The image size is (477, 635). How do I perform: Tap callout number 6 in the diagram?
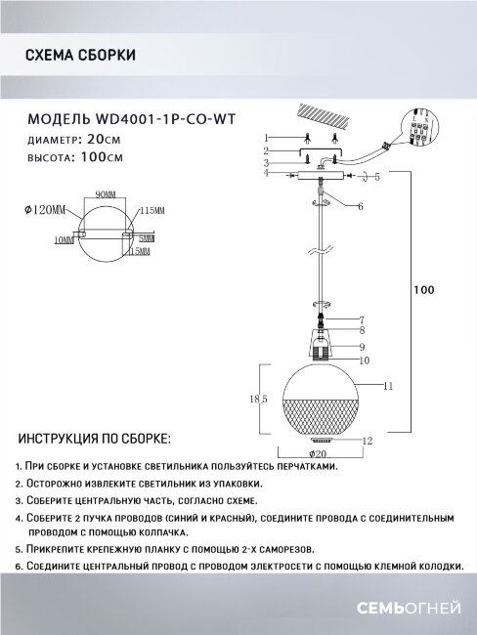point(360,207)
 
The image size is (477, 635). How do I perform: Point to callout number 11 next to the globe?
point(388,387)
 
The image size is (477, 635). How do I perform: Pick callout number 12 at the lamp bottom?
point(368,441)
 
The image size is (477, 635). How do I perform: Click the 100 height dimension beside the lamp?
point(422,290)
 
